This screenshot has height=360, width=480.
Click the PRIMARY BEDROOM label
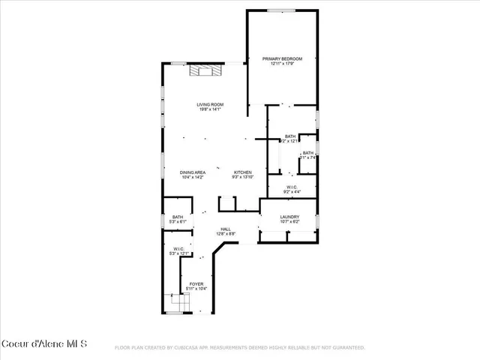[x=282, y=58]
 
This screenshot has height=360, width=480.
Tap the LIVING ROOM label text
[x=210, y=104]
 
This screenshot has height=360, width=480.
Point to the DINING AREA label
[x=192, y=172]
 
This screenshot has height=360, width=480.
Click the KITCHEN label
[x=243, y=172]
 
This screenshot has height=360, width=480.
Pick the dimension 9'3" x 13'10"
[x=243, y=178]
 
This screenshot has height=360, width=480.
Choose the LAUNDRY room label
[x=289, y=217]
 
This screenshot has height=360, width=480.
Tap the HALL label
[x=226, y=229]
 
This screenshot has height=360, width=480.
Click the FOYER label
[x=196, y=283]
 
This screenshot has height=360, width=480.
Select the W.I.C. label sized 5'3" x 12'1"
[x=178, y=248]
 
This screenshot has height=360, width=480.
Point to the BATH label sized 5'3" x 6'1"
[x=177, y=217]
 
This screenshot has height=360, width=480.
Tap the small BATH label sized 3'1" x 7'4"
[x=308, y=153]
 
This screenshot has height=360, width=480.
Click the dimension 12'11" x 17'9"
[x=282, y=64]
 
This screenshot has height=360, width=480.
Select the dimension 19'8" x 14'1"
[x=210, y=109]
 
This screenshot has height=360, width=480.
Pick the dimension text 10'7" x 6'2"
[x=289, y=222]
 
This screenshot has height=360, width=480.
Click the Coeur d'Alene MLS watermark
[x=44, y=344]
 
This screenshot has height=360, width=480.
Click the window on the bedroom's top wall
[x=282, y=10]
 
